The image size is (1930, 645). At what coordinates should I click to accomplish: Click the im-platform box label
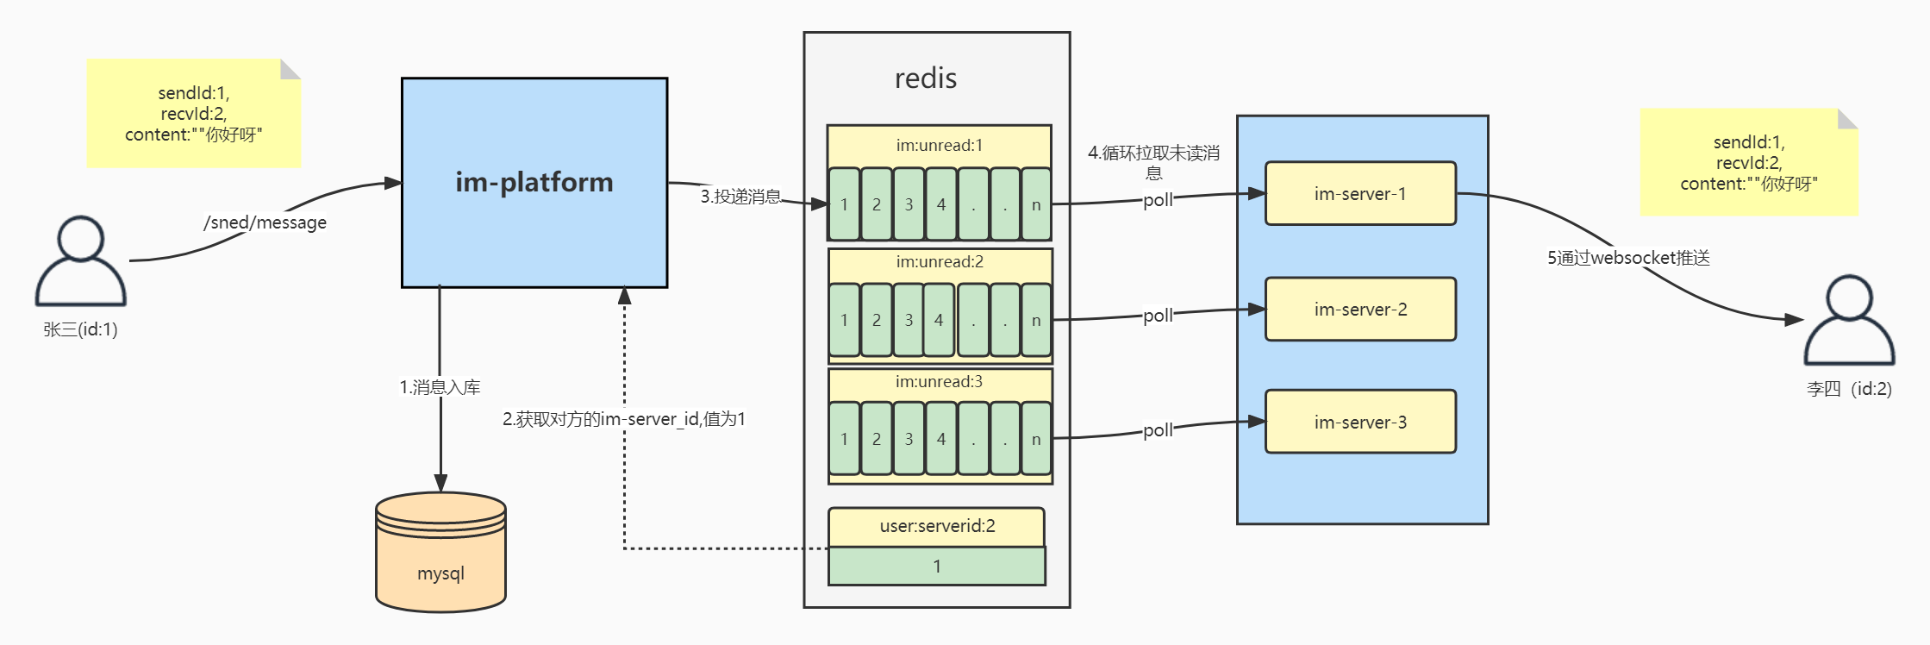pyautogui.click(x=534, y=182)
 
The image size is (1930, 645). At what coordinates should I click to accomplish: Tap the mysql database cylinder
pyautogui.click(x=440, y=553)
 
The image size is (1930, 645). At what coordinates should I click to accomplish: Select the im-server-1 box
pyautogui.click(x=1360, y=194)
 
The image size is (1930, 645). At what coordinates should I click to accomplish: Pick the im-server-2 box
pyautogui.click(x=1360, y=310)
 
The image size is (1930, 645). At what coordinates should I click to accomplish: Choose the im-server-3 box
pyautogui.click(x=1360, y=422)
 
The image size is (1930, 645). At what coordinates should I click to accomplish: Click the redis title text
pyautogui.click(x=926, y=78)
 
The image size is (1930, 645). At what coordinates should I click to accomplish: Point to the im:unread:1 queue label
pyautogui.click(x=939, y=145)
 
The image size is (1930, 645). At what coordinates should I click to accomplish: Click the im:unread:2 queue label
pyautogui.click(x=939, y=261)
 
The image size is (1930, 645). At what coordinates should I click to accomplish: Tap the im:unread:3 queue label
pyautogui.click(x=939, y=381)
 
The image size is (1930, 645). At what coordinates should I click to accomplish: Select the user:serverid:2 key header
pyautogui.click(x=937, y=526)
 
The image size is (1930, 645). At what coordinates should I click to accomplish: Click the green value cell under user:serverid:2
pyautogui.click(x=937, y=567)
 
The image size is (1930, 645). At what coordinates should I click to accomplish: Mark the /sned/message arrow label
pyautogui.click(x=265, y=222)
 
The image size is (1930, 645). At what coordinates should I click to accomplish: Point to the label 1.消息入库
pyautogui.click(x=440, y=387)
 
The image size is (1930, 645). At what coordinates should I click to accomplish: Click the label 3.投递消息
pyautogui.click(x=740, y=197)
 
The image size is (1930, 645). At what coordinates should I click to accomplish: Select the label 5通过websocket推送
pyautogui.click(x=1627, y=258)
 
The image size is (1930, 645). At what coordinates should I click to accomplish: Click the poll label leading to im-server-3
pyautogui.click(x=1158, y=430)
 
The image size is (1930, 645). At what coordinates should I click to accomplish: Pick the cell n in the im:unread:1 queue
pyautogui.click(x=1036, y=204)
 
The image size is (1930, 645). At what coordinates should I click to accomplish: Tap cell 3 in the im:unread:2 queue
pyautogui.click(x=909, y=320)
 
